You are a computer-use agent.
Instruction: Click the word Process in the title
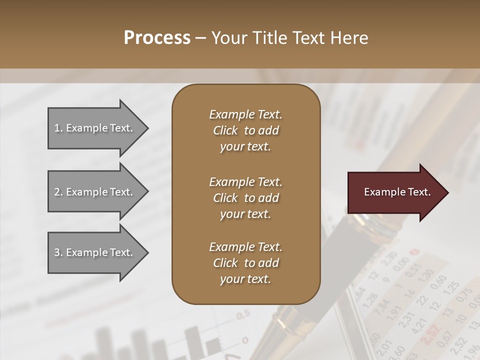point(157,38)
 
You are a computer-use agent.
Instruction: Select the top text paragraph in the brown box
point(245,130)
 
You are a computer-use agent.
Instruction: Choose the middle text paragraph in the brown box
point(245,197)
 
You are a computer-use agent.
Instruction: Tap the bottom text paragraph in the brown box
point(245,263)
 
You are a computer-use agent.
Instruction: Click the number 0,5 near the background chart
point(243,315)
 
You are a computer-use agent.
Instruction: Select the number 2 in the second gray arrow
point(57,192)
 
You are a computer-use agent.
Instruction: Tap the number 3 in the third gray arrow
point(57,252)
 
